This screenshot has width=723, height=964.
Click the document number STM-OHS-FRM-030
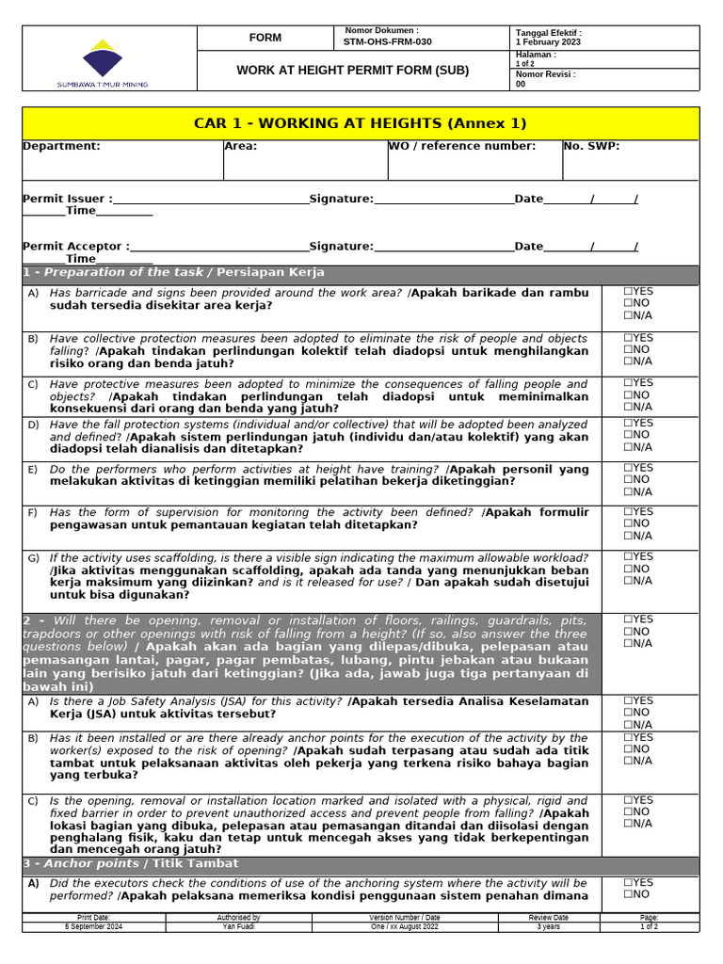pos(388,42)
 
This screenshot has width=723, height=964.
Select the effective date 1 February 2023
pos(548,42)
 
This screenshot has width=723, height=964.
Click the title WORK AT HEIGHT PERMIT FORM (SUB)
pos(352,71)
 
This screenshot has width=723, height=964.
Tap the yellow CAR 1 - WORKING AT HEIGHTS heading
pos(361,123)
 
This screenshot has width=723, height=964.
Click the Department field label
pos(61,146)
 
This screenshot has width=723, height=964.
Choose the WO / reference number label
pos(462,146)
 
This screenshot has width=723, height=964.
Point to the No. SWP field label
pos(591,146)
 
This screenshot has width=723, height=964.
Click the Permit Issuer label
pos(67,199)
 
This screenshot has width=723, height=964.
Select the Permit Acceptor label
pos(75,247)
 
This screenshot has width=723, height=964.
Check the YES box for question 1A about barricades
pos(628,292)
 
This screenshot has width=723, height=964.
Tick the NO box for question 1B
pos(628,349)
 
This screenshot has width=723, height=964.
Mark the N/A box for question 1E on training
pos(628,491)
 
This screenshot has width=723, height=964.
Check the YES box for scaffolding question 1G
pos(628,556)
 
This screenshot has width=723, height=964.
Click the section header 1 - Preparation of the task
pos(174,272)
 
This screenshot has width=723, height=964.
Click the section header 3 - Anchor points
pos(131,863)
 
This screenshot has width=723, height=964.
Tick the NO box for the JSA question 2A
pos(628,713)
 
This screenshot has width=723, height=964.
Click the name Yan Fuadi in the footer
pos(238,926)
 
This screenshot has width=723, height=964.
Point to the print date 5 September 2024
pos(93,926)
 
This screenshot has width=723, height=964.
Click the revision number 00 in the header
pos(521,84)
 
